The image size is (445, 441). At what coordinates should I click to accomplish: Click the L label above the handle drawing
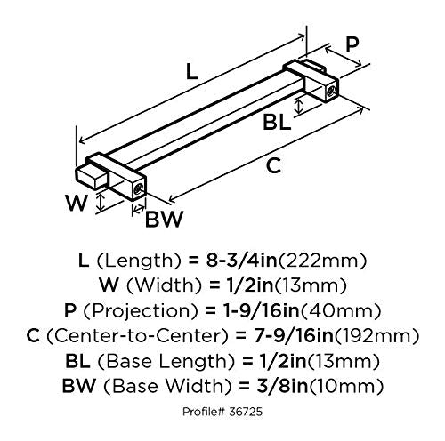pos(192,71)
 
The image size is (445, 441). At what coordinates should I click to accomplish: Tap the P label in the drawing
pos(352,44)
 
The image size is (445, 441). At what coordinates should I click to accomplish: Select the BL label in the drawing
pos(277,123)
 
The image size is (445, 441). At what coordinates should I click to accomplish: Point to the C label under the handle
pos(273,166)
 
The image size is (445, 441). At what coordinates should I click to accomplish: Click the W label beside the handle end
pos(77,203)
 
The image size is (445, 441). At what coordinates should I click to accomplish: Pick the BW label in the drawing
pos(164,219)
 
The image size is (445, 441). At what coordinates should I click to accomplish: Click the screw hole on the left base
pos(139,188)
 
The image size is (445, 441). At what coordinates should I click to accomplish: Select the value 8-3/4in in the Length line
pos(242,261)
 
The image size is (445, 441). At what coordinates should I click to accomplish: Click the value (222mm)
pos(322,261)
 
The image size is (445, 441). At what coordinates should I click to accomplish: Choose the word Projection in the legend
pos(142,311)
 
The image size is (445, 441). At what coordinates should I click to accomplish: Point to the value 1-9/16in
pos(261,310)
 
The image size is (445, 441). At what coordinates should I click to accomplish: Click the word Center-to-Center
pos(138,336)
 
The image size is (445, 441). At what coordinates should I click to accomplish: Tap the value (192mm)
pos(376,337)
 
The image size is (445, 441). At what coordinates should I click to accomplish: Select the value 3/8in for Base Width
pos(282,386)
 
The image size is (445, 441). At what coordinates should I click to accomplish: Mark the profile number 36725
pos(246,412)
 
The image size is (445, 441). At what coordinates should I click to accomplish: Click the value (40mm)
pos(340,311)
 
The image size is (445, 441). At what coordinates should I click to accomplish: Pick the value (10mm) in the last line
pos(345,387)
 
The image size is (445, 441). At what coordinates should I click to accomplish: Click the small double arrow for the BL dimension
pos(299,106)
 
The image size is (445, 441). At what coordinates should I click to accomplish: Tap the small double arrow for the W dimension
pos(101,202)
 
